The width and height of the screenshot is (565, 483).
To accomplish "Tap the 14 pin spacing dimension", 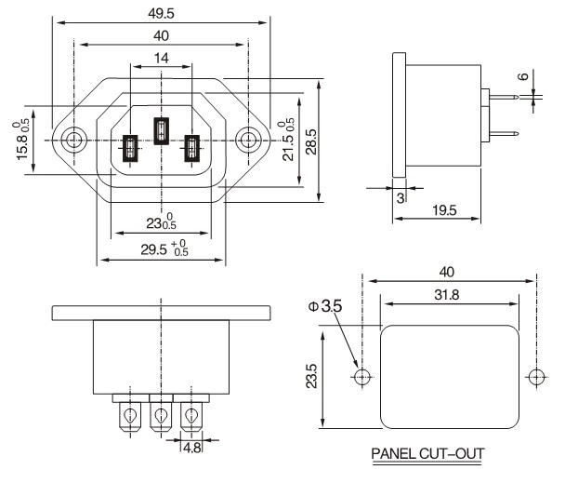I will click(x=161, y=58).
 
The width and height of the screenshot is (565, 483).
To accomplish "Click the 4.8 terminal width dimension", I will click(x=191, y=447).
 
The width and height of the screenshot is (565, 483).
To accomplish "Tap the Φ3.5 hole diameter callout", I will click(x=325, y=304).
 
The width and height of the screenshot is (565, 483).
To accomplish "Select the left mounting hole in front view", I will click(x=72, y=141).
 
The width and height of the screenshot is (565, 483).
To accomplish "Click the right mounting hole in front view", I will click(x=247, y=141).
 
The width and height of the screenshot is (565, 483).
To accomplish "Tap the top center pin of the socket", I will click(x=161, y=129).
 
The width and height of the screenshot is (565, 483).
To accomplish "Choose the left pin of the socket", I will click(x=130, y=149).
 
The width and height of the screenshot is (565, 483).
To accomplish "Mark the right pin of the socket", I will click(x=191, y=149).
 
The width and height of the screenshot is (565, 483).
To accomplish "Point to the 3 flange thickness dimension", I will click(x=401, y=197).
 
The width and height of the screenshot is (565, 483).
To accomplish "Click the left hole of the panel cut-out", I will click(x=362, y=377).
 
